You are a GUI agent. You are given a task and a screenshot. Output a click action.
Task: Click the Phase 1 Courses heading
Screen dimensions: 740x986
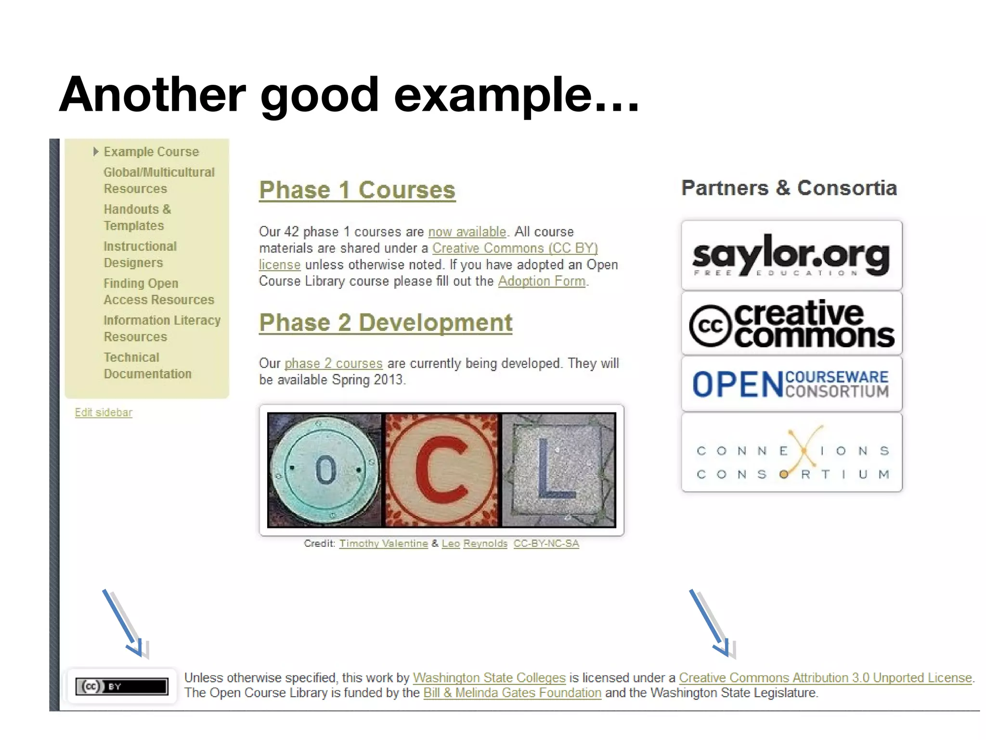click(357, 190)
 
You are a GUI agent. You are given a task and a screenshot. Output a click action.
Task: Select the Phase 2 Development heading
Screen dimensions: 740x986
click(385, 322)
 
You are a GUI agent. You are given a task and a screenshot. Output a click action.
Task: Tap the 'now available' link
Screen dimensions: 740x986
click(467, 232)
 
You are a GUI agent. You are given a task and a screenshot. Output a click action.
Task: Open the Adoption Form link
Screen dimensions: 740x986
click(542, 281)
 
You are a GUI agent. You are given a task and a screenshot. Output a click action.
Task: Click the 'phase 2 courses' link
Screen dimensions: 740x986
click(333, 363)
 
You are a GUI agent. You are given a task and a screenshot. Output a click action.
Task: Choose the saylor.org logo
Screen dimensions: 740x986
click(791, 255)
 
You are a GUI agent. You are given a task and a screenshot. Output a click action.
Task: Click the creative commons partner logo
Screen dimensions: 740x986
click(791, 323)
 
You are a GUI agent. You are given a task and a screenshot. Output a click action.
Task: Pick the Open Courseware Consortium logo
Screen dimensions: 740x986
click(791, 384)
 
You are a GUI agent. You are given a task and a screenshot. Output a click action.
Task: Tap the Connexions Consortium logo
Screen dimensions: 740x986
click(791, 452)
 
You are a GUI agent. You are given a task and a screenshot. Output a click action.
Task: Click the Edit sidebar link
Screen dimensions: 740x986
click(104, 412)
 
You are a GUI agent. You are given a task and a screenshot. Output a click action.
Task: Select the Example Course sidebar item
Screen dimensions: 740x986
click(151, 152)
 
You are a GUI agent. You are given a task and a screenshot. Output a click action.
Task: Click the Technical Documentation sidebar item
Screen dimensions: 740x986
click(147, 366)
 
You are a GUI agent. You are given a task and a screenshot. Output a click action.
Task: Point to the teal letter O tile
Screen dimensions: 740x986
click(325, 470)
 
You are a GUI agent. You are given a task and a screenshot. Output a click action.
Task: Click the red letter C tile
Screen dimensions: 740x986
click(441, 470)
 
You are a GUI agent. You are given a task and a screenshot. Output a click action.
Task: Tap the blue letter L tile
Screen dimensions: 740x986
click(558, 470)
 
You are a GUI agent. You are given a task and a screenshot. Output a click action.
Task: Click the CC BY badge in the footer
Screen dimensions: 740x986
click(122, 686)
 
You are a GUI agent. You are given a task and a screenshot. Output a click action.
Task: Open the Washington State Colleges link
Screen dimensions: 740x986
click(489, 678)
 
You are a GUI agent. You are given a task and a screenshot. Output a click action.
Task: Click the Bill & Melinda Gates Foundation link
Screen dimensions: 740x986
click(512, 693)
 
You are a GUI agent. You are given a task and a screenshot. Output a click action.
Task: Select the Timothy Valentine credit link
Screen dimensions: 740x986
click(383, 543)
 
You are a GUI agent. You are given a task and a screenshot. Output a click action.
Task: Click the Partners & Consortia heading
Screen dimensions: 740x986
click(789, 188)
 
